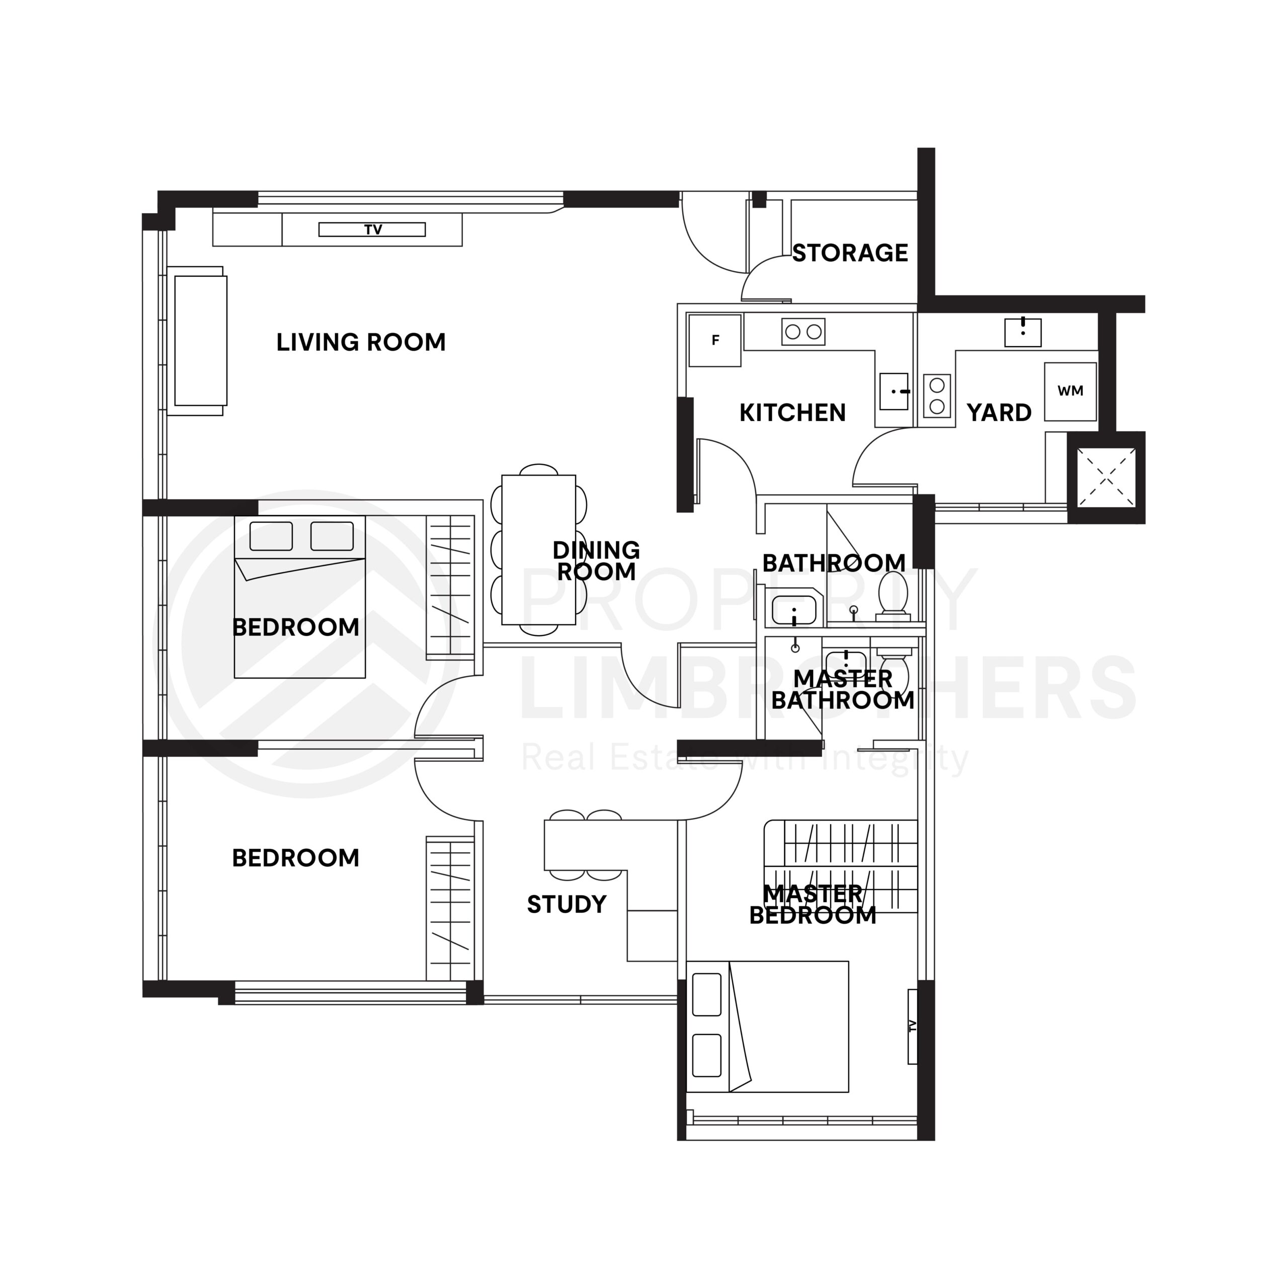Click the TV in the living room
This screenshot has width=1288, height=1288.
point(372,230)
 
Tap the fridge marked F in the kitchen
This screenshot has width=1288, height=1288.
point(714,341)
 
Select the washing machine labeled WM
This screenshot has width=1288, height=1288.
point(1070,391)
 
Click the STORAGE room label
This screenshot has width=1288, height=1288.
point(850,254)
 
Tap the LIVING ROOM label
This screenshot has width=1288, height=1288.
point(361,343)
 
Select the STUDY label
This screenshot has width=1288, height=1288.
point(567,905)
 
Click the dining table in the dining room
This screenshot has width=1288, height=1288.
point(539,550)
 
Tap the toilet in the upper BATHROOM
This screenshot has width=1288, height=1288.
point(893,593)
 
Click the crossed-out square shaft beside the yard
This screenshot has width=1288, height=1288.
point(1106,476)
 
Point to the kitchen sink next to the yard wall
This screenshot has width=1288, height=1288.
point(894,391)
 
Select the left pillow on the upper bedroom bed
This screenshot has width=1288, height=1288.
point(271,536)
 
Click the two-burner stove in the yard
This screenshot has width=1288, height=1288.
point(937,395)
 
